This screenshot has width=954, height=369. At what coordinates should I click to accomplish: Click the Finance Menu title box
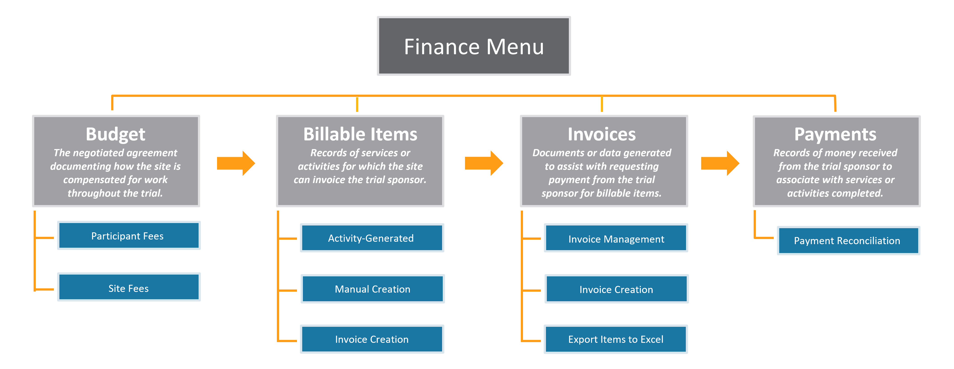(474, 46)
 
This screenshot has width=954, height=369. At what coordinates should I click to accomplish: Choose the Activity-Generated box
(371, 238)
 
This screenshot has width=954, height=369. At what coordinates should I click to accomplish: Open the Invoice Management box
(616, 239)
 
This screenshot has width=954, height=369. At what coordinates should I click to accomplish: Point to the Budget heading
(116, 134)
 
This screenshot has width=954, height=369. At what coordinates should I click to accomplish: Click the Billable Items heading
(360, 134)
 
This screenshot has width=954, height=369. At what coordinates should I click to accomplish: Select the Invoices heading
(602, 134)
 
